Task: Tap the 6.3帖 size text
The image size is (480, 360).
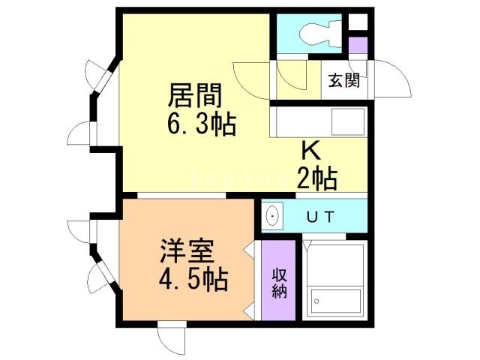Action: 201,124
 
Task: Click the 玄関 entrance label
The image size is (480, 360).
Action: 344,79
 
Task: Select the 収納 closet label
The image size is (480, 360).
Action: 279,280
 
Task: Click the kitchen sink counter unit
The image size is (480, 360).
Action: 319,120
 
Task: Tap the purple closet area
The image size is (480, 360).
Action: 278,281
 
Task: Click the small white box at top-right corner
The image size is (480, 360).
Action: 358,21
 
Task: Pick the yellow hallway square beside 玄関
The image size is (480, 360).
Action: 294,79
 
